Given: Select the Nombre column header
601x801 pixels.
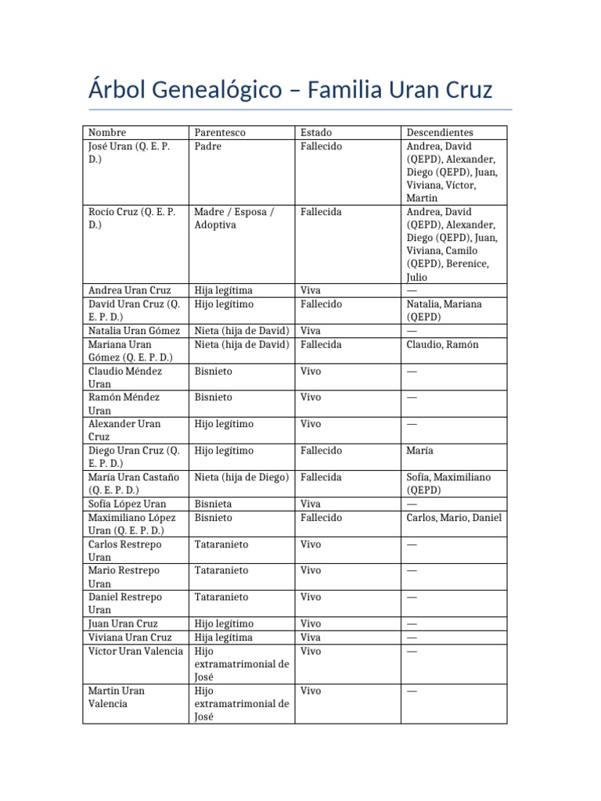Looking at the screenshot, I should pyautogui.click(x=107, y=132).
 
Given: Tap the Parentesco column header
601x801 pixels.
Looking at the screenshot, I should pyautogui.click(x=220, y=132).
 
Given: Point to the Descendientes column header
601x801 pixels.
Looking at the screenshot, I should pyautogui.click(x=440, y=132).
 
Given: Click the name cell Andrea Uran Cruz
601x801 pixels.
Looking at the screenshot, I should pyautogui.click(x=129, y=290).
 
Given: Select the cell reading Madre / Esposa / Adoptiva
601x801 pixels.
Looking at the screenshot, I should pyautogui.click(x=234, y=218).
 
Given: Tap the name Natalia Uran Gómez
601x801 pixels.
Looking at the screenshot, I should pyautogui.click(x=134, y=331).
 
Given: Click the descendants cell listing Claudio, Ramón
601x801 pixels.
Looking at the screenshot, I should pyautogui.click(x=442, y=344).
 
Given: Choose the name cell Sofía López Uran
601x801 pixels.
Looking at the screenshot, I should pyautogui.click(x=127, y=504).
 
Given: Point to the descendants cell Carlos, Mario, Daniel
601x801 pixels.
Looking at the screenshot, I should pyautogui.click(x=454, y=517).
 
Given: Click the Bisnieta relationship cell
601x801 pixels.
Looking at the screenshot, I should pyautogui.click(x=213, y=504).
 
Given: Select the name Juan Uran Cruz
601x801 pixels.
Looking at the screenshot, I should pyautogui.click(x=123, y=623).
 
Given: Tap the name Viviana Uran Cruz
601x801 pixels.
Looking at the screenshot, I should pyautogui.click(x=130, y=638).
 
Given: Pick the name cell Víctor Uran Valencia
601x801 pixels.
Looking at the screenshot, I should pyautogui.click(x=135, y=651).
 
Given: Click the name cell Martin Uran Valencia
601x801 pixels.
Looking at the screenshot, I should pyautogui.click(x=117, y=697).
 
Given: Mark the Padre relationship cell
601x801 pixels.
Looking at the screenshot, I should pyautogui.click(x=207, y=146).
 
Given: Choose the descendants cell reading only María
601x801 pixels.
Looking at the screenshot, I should pyautogui.click(x=420, y=451).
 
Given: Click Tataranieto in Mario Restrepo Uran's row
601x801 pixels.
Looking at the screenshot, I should pyautogui.click(x=221, y=570).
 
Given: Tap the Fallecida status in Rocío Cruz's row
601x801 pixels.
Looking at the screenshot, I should pyautogui.click(x=321, y=212).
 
